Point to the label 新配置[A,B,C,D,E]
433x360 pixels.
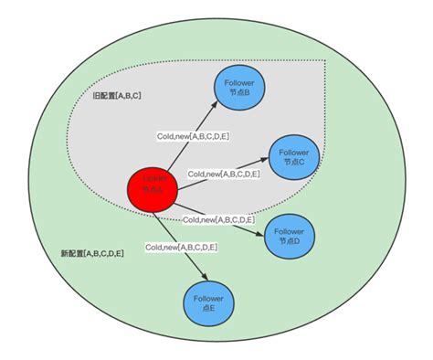tap(91, 252)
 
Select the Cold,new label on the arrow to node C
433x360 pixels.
tap(224, 173)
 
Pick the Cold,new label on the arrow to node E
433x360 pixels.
tap(180, 247)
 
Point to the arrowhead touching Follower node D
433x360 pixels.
tap(263, 231)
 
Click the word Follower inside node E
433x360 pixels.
tap(210, 298)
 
